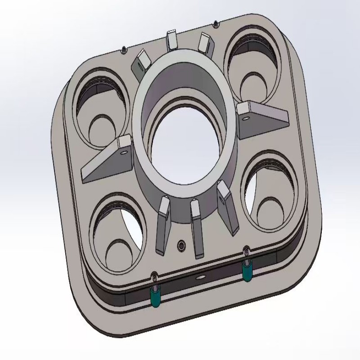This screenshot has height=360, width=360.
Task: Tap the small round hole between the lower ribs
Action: [x=181, y=246]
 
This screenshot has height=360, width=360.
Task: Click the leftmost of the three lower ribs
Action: [x=162, y=225]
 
